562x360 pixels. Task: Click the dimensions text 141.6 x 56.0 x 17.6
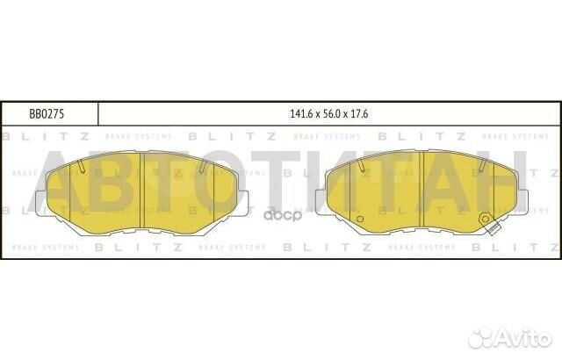[x=328, y=113]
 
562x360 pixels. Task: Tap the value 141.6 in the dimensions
[x=301, y=113]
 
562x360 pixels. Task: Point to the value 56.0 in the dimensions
[x=328, y=113]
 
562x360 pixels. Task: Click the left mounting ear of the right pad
[x=321, y=200]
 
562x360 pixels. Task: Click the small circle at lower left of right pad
[x=359, y=219]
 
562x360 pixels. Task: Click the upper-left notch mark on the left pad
[x=80, y=166]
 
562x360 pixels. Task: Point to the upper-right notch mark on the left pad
[x=203, y=166]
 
